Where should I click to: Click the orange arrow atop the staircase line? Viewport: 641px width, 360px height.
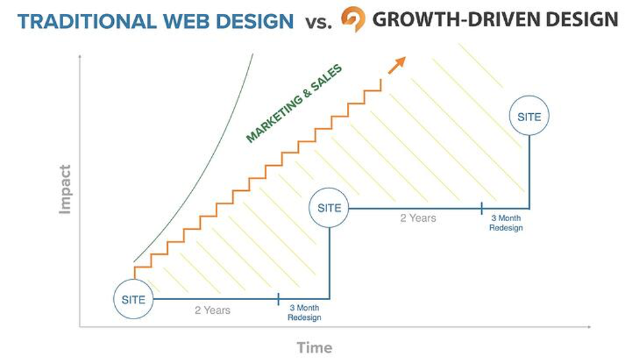click(397, 65)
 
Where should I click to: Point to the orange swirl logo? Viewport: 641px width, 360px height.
click(353, 19)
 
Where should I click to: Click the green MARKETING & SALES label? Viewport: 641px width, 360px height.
click(294, 103)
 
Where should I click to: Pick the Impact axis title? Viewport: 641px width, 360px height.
click(65, 189)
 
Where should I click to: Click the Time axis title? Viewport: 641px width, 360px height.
click(315, 347)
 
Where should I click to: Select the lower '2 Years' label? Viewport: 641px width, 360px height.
click(213, 311)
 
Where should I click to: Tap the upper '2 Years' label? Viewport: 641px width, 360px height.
click(418, 219)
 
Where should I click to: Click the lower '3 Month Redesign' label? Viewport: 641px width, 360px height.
click(305, 313)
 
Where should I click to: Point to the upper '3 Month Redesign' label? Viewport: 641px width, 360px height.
click(506, 223)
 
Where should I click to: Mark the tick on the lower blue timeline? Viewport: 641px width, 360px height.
click(278, 299)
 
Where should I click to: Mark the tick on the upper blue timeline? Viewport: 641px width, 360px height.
click(482, 209)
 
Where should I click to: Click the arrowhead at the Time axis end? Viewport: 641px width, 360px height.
click(589, 327)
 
